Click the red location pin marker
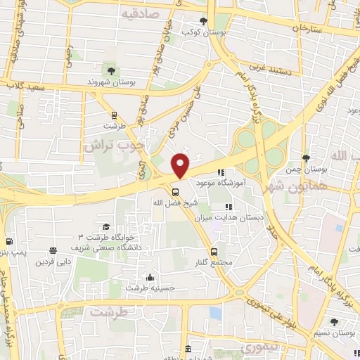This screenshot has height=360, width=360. click(x=181, y=165)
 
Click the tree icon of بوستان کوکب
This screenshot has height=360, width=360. click(x=203, y=20)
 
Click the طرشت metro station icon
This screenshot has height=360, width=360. click(x=113, y=115)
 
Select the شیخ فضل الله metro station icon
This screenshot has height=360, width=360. click(x=175, y=191)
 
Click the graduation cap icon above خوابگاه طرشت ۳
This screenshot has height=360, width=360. click(x=105, y=226)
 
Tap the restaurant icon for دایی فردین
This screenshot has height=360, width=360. click(x=53, y=251)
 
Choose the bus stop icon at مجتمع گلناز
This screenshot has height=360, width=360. click(x=214, y=250)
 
